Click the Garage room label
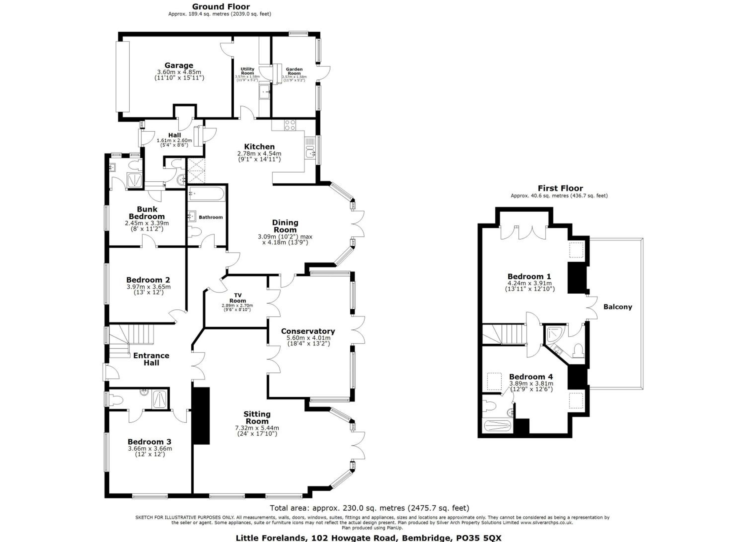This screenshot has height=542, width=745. pyautogui.click(x=179, y=65)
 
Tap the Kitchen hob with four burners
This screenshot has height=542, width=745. pyautogui.click(x=290, y=125)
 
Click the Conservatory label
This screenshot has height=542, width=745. pyautogui.click(x=308, y=331)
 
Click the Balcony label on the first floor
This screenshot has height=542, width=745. pyautogui.click(x=618, y=307)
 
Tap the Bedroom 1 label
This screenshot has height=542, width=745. pyautogui.click(x=529, y=276)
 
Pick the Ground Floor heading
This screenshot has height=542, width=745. pyautogui.click(x=221, y=6)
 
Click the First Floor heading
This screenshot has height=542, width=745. pyautogui.click(x=560, y=188)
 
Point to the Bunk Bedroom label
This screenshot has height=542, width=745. pyautogui.click(x=147, y=213)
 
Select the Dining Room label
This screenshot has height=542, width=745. pyautogui.click(x=285, y=226)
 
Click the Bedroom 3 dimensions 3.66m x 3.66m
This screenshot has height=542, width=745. pyautogui.click(x=150, y=448)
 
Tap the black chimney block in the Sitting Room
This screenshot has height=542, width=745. pyautogui.click(x=201, y=416)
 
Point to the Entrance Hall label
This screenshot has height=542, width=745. pyautogui.click(x=151, y=359)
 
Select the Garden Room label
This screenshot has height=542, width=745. pyautogui.click(x=294, y=71)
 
